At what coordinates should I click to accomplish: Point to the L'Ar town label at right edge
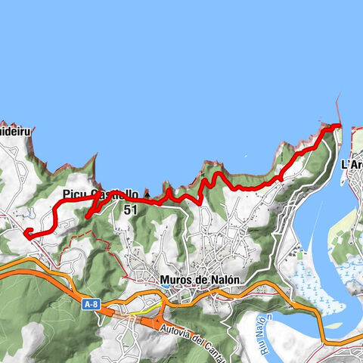tap(352, 163)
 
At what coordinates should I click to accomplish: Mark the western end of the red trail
tap(26, 232)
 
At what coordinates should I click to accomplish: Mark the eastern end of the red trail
tap(338, 126)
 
